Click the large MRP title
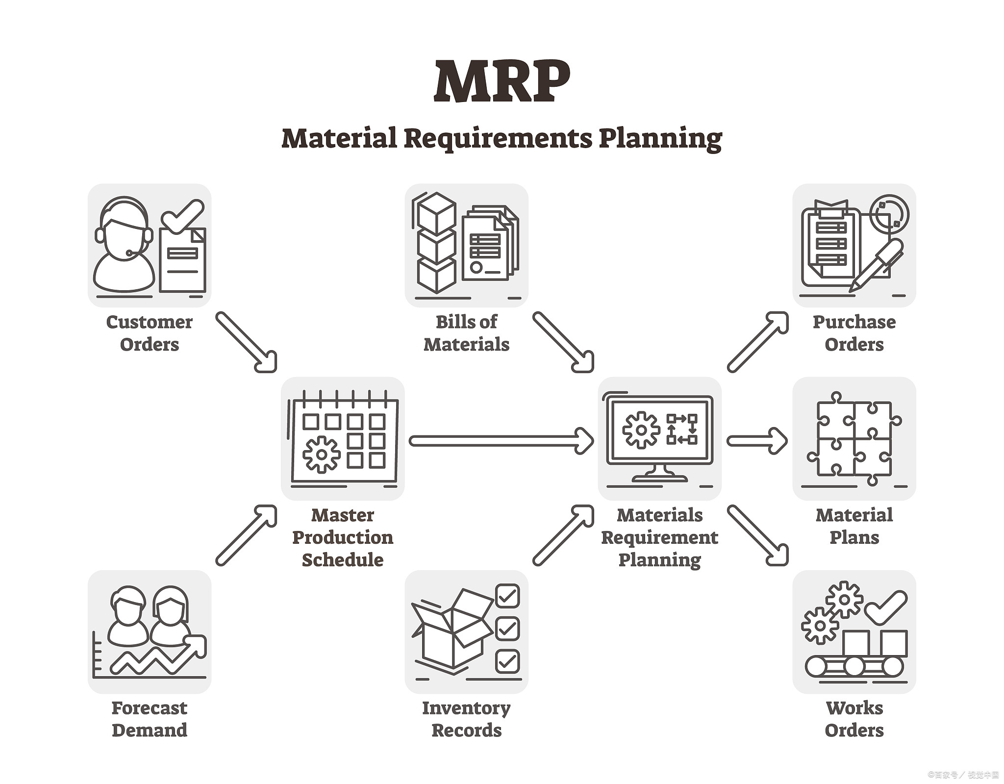[x=502, y=81]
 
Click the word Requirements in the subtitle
[x=498, y=139]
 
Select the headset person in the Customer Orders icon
[x=124, y=245]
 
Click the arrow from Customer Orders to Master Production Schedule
[x=247, y=342]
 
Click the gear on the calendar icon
[x=321, y=455]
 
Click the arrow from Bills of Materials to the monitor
[x=564, y=342]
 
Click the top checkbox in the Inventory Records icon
[x=507, y=596]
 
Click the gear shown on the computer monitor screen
[x=641, y=430]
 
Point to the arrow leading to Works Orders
[x=758, y=535]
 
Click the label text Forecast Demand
[x=150, y=719]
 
